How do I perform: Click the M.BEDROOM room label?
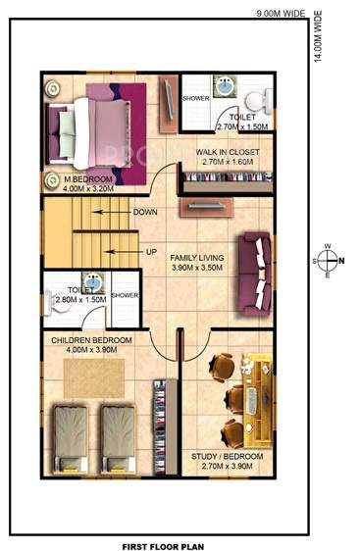coord(89,180)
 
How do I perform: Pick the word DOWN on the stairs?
coord(145,212)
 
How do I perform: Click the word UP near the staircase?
coord(151,252)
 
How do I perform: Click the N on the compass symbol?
coord(341,260)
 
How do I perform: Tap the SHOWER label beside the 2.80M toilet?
coord(126,294)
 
